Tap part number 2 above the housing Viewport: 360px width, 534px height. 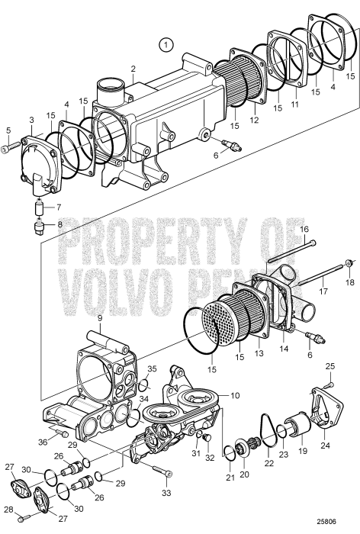(x=133, y=69)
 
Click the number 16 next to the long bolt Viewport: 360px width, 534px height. (x=303, y=229)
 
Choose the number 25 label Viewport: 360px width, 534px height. (x=330, y=367)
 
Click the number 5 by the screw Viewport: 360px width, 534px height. (x=8, y=130)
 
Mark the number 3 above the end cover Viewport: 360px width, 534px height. (x=31, y=120)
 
